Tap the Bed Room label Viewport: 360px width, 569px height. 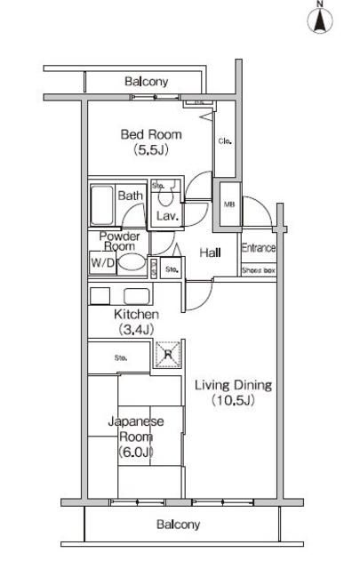152,134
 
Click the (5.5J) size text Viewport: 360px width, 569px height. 152,150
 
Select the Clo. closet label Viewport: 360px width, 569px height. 226,140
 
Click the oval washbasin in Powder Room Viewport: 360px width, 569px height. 133,263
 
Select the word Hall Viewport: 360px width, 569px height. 210,252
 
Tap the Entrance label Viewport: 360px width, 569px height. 258,248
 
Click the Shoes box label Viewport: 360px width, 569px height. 258,269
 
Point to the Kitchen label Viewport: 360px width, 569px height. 136,315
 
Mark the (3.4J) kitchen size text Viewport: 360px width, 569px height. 136,330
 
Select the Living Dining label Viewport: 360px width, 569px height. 233,385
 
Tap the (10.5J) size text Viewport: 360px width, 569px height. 233,401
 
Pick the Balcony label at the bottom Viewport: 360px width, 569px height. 179,525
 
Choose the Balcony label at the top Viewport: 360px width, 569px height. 147,82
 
